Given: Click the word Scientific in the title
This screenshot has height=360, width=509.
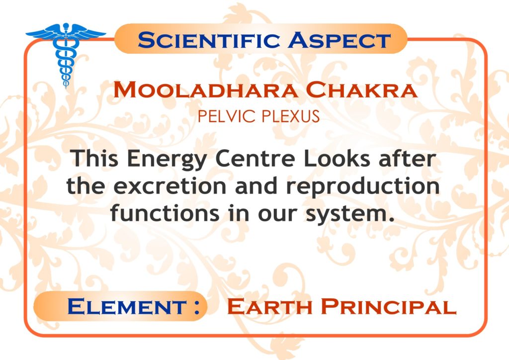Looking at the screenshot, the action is tap(208, 40).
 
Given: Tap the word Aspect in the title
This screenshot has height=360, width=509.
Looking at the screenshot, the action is tap(339, 40).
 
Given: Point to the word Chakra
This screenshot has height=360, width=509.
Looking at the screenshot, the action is tap(361, 90).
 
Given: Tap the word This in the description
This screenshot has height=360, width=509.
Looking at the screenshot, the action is tap(94, 158).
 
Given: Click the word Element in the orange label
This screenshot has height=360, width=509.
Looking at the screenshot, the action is tap(127, 306).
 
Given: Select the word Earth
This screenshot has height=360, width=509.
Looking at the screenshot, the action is tap(270, 306).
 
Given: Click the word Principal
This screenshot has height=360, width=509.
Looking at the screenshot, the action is tap(389, 306).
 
